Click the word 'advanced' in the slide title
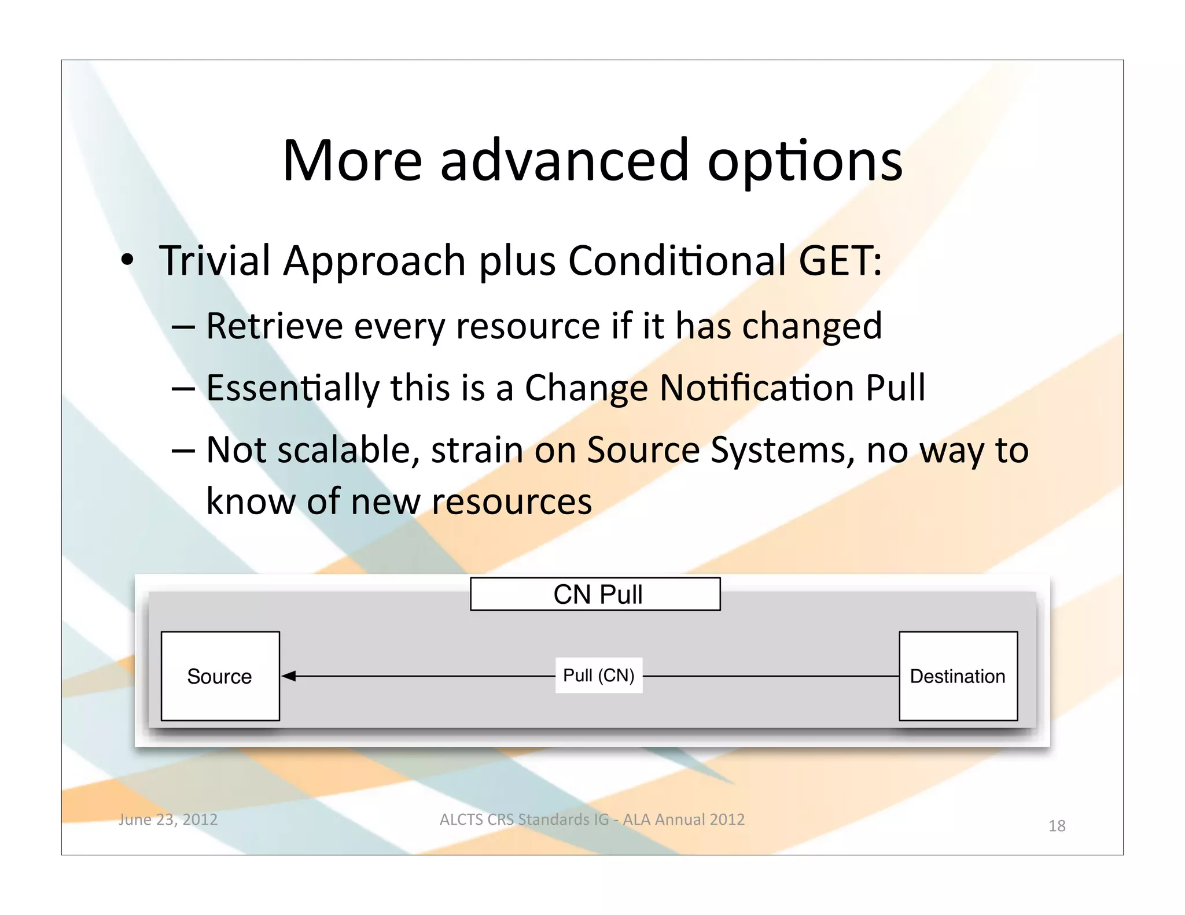[564, 161]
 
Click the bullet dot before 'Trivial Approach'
[127, 260]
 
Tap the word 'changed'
[812, 327]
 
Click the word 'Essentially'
[292, 388]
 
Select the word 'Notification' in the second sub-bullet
[756, 388]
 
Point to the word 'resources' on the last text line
[511, 501]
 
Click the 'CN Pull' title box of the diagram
[595, 594]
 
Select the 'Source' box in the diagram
[220, 676]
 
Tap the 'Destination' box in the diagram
[958, 676]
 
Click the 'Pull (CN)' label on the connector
[599, 675]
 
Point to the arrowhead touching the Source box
[289, 676]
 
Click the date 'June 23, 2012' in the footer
[168, 820]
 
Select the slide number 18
[1057, 826]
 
